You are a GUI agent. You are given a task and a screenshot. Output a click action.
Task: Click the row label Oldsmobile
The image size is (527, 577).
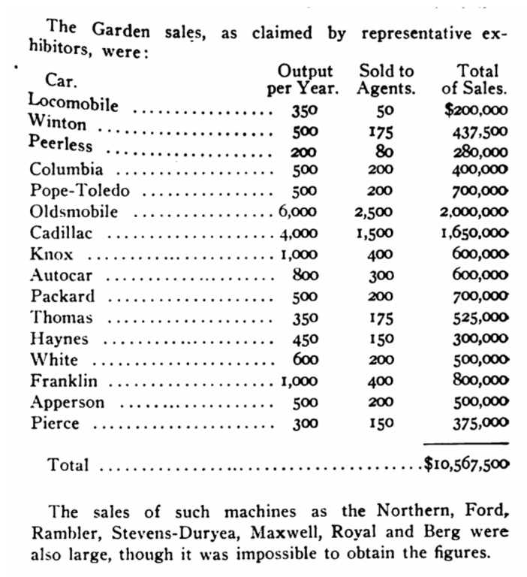[74, 212]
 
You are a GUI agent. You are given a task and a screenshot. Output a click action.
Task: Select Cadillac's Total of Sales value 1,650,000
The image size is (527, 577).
[474, 234]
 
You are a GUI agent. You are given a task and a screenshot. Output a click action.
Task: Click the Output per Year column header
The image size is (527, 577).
[304, 80]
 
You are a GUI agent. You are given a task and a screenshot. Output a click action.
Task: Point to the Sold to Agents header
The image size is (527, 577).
[386, 80]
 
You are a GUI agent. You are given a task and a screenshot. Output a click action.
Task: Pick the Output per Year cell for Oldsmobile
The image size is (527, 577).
[297, 212]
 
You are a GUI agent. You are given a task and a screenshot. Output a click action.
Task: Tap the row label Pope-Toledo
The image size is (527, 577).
[80, 191]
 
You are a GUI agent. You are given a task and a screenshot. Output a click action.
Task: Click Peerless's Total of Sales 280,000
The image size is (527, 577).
[478, 151]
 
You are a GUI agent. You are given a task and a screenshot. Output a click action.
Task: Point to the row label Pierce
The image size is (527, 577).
[55, 423]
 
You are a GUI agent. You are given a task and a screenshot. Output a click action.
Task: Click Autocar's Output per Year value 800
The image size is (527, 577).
[304, 275]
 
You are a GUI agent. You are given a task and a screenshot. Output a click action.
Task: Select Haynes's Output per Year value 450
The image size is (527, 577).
[304, 339]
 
